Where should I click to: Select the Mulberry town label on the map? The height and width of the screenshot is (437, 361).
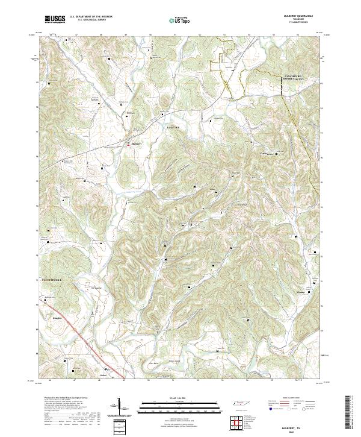[x=138, y=144]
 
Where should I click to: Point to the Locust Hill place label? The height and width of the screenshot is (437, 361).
[x=173, y=128]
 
